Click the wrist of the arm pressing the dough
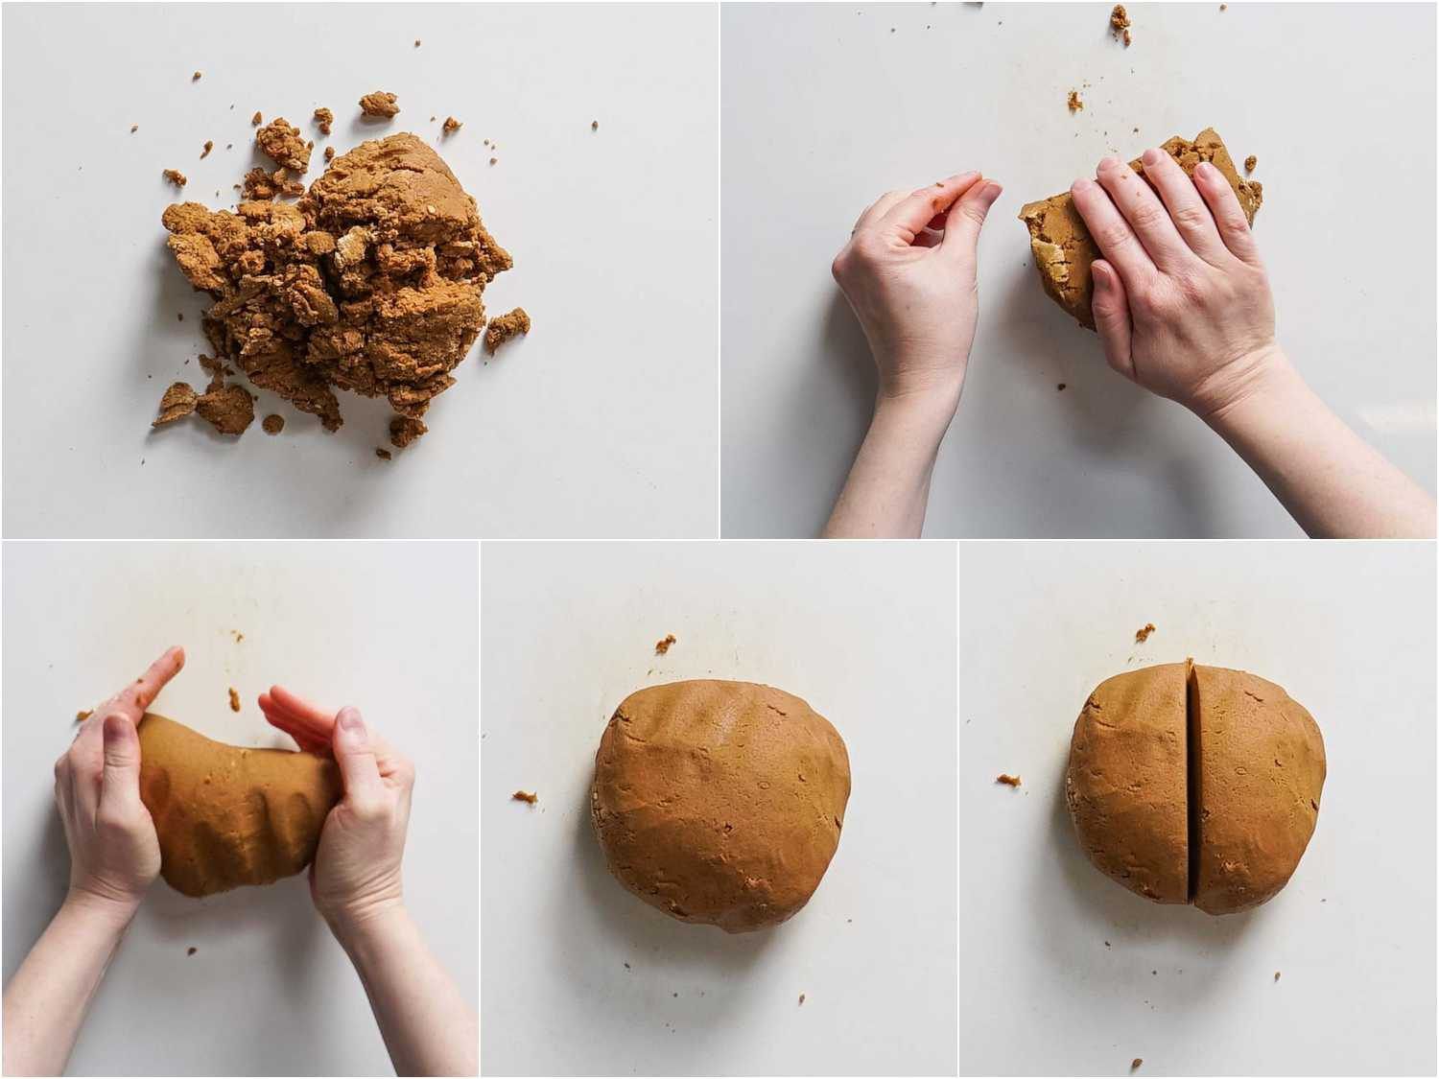(1276, 403)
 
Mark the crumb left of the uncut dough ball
(524, 795)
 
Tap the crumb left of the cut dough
(1007, 778)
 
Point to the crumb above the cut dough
(1144, 632)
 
